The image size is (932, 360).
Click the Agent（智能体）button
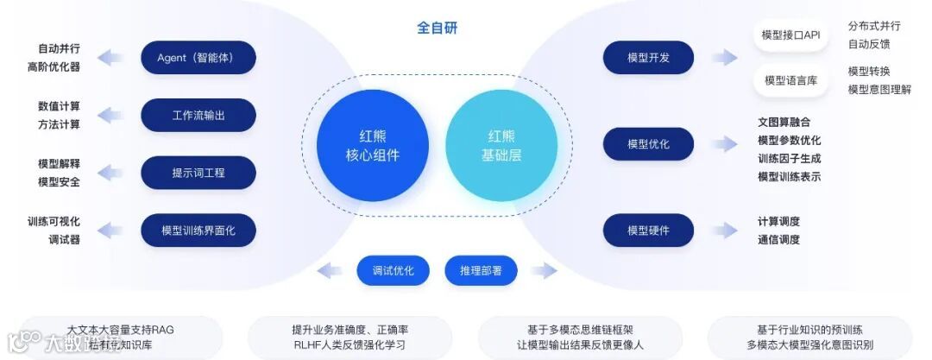pos(198,58)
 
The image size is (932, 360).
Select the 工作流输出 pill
pos(198,115)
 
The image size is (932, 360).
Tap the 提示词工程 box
pos(198,173)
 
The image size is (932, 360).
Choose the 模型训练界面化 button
pos(198,231)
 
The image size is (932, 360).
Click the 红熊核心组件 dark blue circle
pos(373,145)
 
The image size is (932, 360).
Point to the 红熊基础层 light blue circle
pos(501,145)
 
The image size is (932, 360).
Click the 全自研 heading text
pos(438,28)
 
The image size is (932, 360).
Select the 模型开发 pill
pos(648,58)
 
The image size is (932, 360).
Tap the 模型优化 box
pos(648,144)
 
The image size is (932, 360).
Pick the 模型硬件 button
pos(648,231)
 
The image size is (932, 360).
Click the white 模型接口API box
pos(790,35)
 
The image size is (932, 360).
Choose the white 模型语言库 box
pos(790,80)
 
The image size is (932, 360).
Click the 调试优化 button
pos(393,271)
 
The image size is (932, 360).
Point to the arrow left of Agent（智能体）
pos(110,58)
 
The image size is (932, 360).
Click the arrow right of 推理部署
pos(544,271)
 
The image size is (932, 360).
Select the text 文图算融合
pos(784,122)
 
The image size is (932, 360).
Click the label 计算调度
pos(778,221)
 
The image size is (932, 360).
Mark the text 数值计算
pos(59,106)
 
